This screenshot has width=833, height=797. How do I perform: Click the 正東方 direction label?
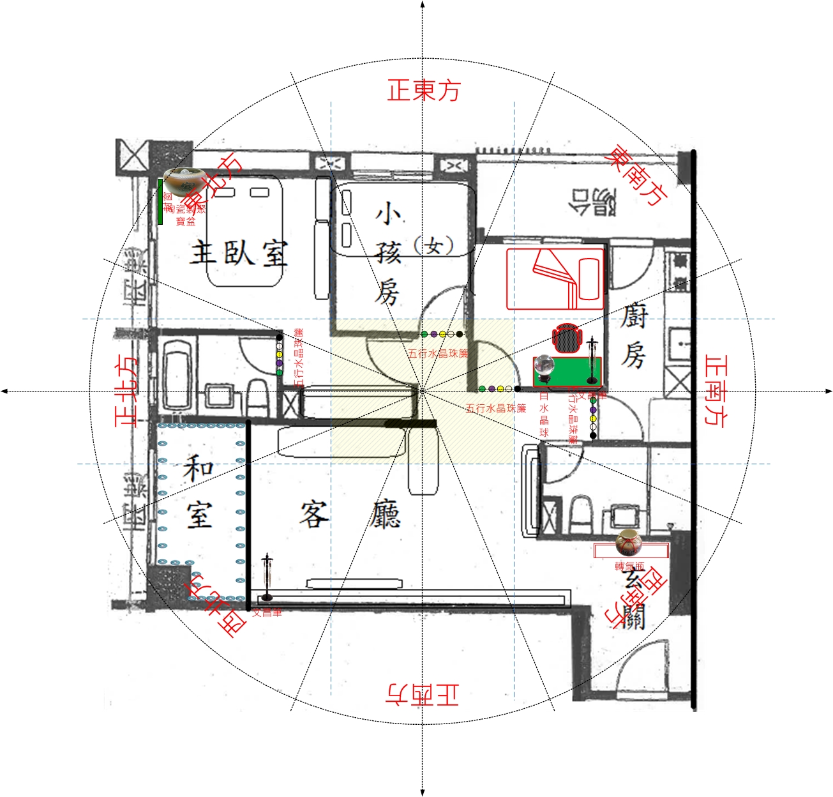coord(423,90)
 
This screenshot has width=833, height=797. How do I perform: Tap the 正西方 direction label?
coord(423,694)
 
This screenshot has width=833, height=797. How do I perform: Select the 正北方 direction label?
coord(126,391)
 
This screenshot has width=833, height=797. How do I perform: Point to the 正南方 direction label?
coord(716,390)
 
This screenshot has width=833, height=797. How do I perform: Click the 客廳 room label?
coord(350,515)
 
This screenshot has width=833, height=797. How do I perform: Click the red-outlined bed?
coord(555,279)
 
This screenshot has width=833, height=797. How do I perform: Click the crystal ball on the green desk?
coord(544,367)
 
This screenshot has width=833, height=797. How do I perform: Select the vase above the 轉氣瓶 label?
coord(627,543)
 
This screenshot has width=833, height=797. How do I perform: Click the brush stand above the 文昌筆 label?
coord(267,576)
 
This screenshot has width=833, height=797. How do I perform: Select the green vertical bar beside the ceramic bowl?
coord(160,202)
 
